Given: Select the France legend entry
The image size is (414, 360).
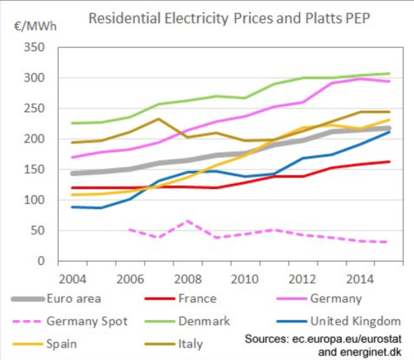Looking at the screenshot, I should tap(198, 299).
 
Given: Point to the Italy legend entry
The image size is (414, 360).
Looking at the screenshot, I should tap(190, 343).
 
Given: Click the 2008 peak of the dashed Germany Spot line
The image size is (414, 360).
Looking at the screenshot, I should tap(186, 221).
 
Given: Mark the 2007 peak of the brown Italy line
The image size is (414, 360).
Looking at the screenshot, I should tap(158, 118).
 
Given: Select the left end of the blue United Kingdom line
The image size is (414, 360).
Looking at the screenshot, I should tap(72, 207).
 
